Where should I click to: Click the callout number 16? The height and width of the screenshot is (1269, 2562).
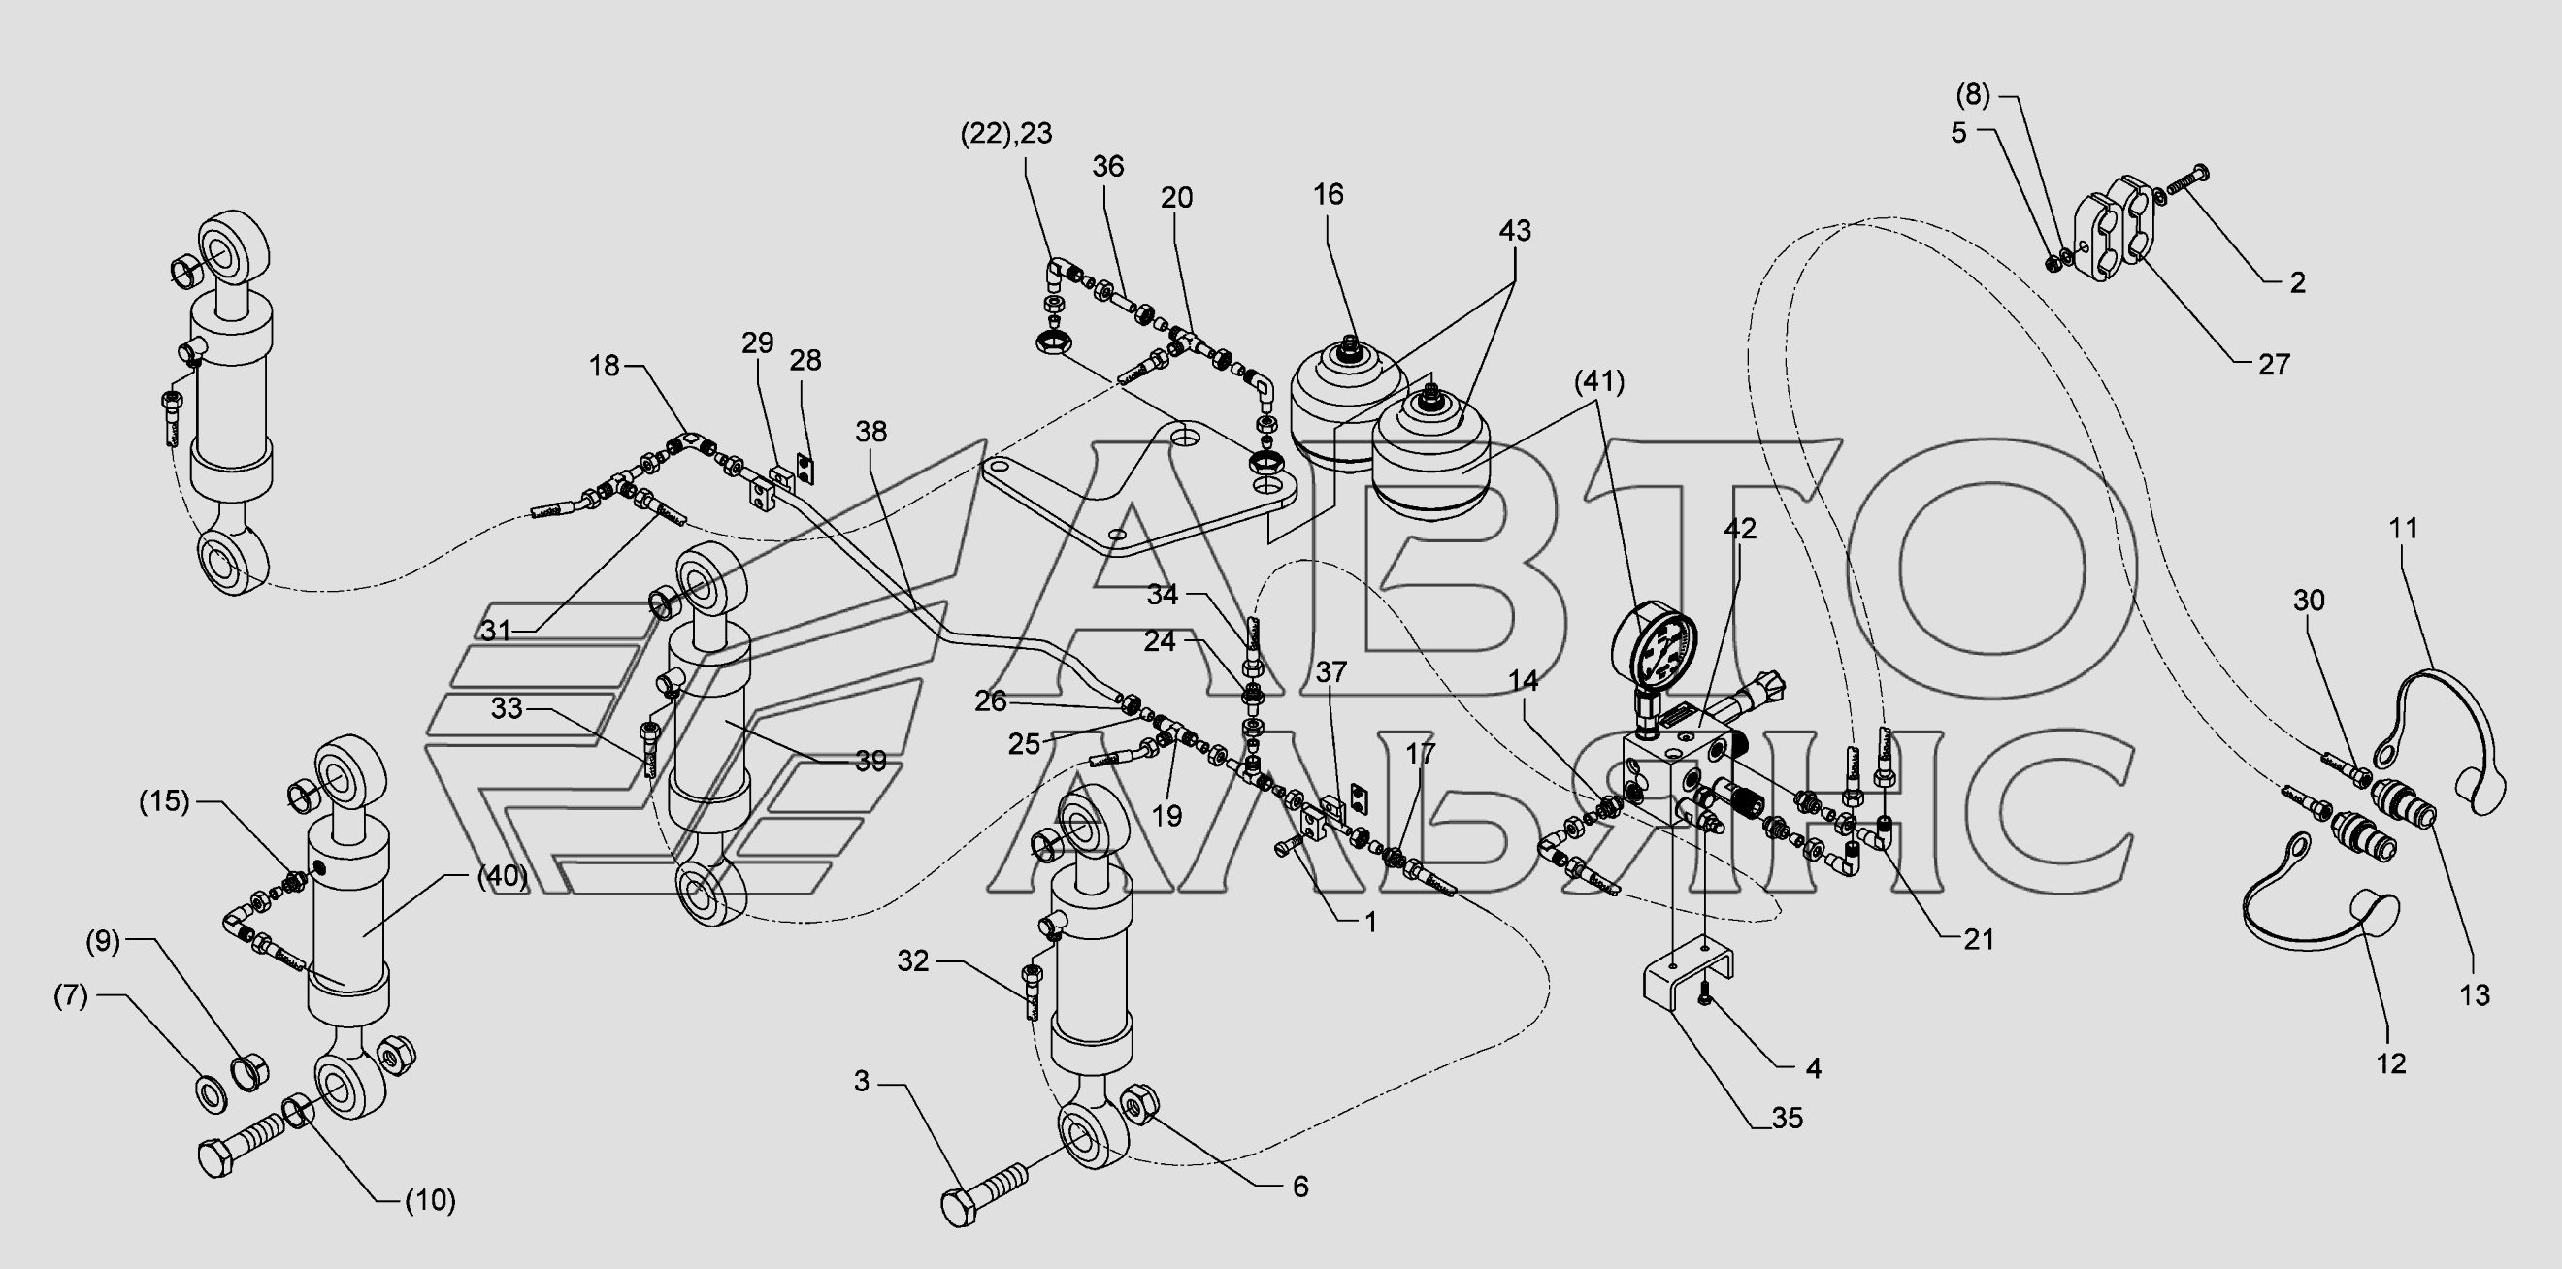[1328, 194]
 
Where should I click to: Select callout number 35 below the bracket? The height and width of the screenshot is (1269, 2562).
[1788, 1118]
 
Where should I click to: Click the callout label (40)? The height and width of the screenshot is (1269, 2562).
[500, 876]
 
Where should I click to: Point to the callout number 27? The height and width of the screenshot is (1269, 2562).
[2274, 364]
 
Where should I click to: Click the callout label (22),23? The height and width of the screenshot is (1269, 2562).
[1005, 133]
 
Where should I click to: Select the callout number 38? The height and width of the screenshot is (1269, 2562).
[870, 432]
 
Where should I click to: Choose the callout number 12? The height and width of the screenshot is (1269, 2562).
[2391, 1063]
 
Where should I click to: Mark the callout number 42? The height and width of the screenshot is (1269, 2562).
[1740, 529]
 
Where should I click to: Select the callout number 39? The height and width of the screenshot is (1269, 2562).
[870, 761]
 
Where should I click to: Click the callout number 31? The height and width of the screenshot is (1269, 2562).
[495, 630]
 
